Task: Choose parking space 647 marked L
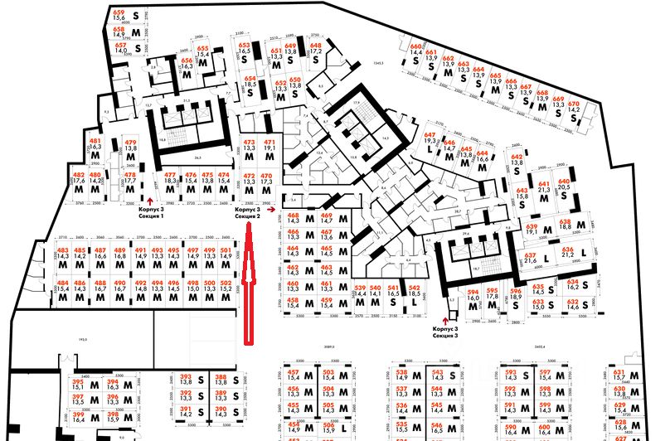430,144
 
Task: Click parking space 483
63,259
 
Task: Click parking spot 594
473,299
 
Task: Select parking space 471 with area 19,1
269,153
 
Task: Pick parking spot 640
565,191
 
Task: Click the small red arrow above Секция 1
149,200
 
